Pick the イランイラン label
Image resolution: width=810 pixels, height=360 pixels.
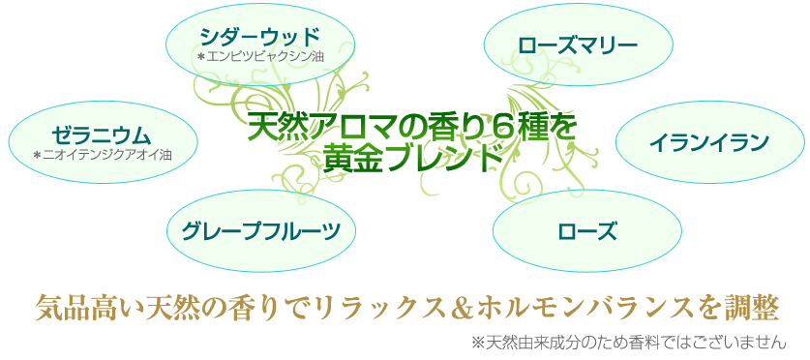pos(709,143)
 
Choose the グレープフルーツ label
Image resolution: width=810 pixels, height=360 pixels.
pos(262,230)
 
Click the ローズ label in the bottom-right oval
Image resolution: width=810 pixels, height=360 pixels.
pos(587,230)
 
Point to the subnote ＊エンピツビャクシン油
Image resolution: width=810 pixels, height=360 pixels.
pos(259,56)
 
